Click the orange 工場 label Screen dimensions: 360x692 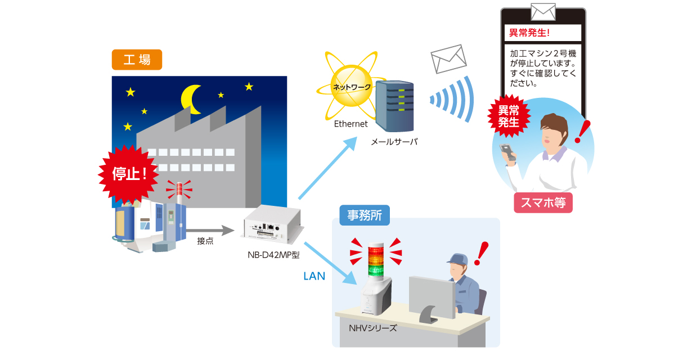pos(137,60)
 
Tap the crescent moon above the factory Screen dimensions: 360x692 pos(190,100)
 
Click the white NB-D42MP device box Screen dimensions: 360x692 pos(272,226)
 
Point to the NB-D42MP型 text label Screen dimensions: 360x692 pos(273,254)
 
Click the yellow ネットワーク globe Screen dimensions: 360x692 pos(352,87)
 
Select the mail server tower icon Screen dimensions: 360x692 pos(394,107)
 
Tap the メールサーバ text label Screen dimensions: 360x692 pos(394,142)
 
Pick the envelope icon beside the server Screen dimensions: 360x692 pos(449,58)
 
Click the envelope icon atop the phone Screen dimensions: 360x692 pos(543,11)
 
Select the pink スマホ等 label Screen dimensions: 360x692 pos(543,203)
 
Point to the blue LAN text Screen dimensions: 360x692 pos(314,276)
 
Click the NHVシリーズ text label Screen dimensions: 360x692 pos(373,328)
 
